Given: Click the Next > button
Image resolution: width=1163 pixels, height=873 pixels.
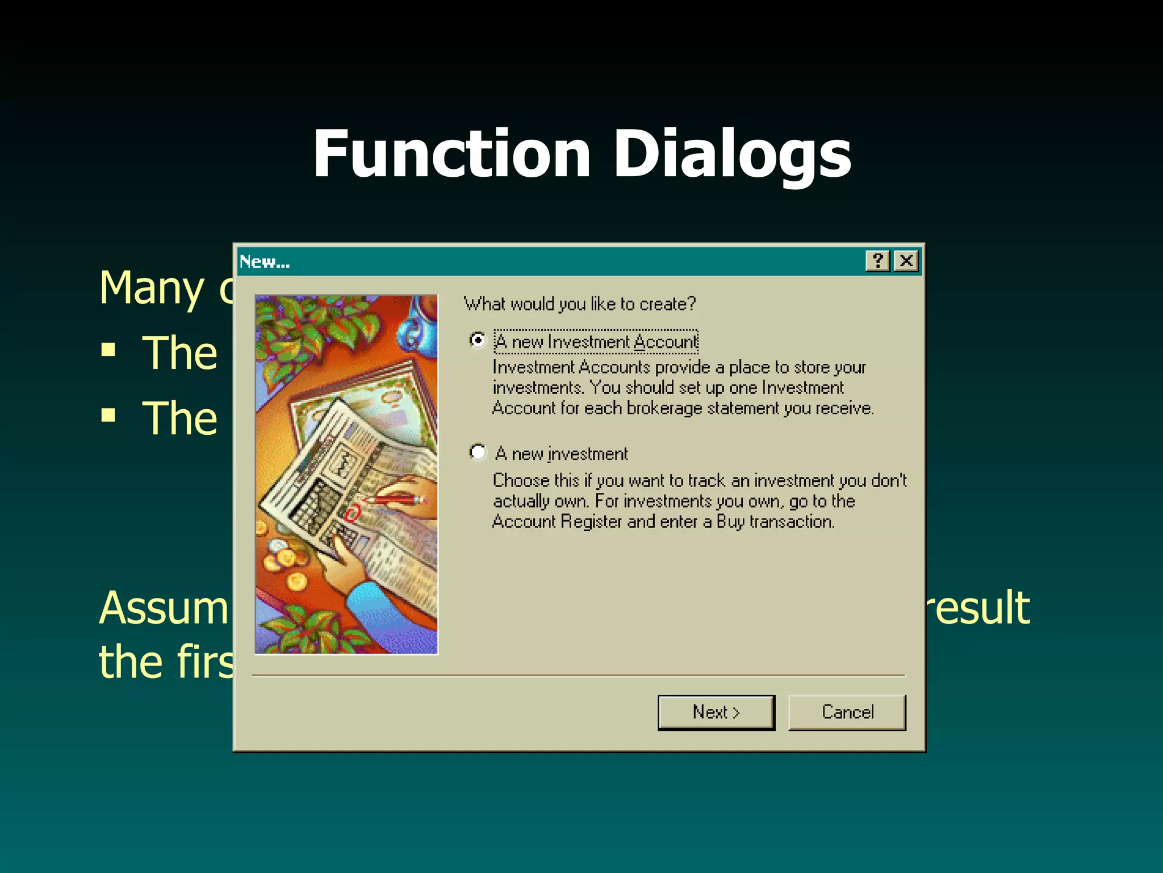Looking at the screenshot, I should tap(716, 712).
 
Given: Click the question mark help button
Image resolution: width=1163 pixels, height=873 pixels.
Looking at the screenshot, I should tap(877, 261).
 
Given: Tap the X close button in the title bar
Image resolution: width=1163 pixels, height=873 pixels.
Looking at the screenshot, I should tap(906, 261).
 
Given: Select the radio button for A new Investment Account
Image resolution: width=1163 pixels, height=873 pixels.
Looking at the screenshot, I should tap(478, 340).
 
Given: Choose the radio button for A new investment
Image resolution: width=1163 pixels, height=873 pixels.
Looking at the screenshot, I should tap(478, 452).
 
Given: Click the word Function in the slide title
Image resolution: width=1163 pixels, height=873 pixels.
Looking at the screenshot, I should tap(451, 154).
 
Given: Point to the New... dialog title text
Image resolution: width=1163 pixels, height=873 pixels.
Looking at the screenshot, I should tap(265, 262).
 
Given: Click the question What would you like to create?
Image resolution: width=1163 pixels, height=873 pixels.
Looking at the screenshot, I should tap(579, 304).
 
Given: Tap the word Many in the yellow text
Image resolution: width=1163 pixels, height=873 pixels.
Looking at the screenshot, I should tap(152, 288).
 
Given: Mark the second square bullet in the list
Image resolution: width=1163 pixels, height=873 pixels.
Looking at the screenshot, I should tap(108, 415).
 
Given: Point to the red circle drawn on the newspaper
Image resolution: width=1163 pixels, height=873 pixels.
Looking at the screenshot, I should tap(353, 514).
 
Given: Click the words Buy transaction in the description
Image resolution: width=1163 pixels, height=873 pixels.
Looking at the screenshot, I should tap(775, 522).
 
